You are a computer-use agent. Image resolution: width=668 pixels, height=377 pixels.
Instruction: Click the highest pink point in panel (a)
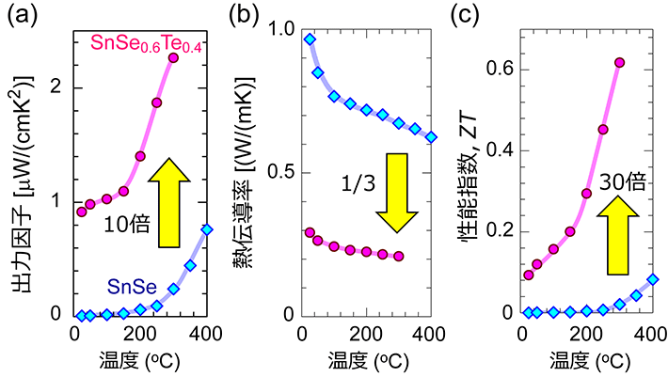point(173,58)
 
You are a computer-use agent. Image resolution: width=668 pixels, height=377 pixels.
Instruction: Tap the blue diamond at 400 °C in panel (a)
point(207,230)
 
